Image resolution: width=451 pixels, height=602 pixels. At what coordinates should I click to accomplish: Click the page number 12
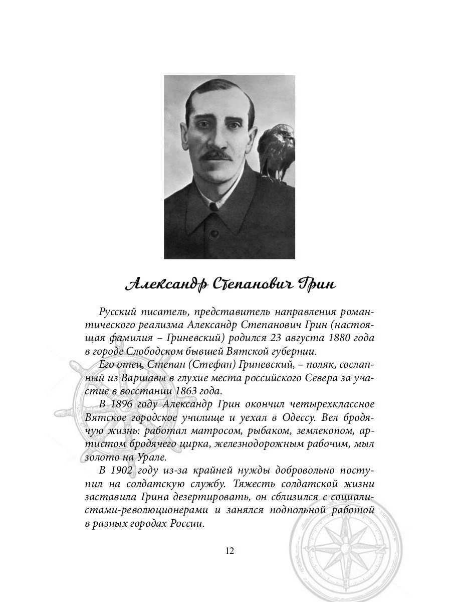(x=229, y=550)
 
